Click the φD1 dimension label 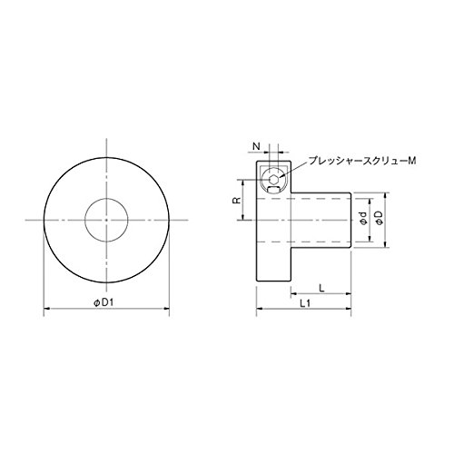(103, 302)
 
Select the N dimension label (256, 146)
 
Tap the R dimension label (237, 200)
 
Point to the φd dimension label (363, 218)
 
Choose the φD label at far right (380, 218)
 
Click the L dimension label (321, 288)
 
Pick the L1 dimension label (305, 303)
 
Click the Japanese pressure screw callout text (362, 161)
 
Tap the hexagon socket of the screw (273, 179)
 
